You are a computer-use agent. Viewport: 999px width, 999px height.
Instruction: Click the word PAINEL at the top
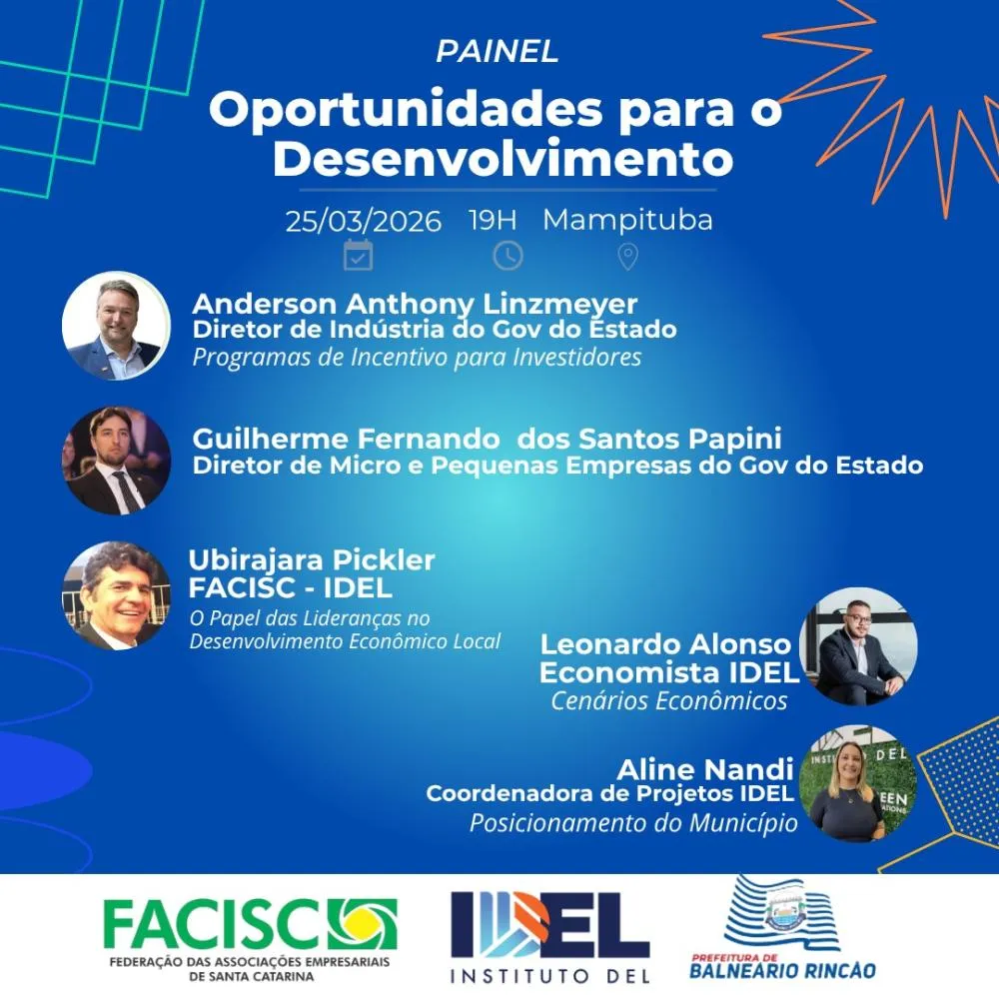(x=497, y=52)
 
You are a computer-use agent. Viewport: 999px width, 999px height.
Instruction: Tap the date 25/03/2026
(x=363, y=221)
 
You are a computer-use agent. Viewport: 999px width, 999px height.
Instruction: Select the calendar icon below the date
(x=358, y=255)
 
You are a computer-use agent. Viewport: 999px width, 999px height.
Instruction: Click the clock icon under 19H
(x=507, y=255)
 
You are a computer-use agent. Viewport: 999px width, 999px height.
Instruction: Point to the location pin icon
(x=627, y=257)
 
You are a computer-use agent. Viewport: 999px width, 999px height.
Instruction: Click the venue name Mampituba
(x=627, y=220)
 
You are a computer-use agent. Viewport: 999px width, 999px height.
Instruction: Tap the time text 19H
(x=494, y=220)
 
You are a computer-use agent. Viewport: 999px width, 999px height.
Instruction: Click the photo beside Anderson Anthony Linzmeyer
(x=116, y=326)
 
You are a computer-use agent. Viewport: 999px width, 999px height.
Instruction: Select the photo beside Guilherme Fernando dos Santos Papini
(x=116, y=461)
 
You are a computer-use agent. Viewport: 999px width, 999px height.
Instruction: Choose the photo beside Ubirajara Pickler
(x=116, y=595)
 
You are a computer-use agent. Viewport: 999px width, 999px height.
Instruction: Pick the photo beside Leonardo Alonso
(x=858, y=646)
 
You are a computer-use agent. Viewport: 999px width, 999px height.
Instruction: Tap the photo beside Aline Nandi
(x=858, y=785)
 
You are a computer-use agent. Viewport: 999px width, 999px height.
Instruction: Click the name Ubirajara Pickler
(x=312, y=560)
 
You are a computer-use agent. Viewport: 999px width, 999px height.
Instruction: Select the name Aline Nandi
(x=705, y=769)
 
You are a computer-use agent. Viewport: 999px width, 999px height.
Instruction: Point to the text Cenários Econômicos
(x=668, y=701)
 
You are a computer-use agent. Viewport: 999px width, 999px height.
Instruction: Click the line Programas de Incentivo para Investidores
(x=417, y=358)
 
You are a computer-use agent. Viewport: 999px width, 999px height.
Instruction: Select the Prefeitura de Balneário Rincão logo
(x=783, y=929)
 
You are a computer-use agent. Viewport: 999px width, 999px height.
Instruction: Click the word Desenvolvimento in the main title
(x=502, y=158)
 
